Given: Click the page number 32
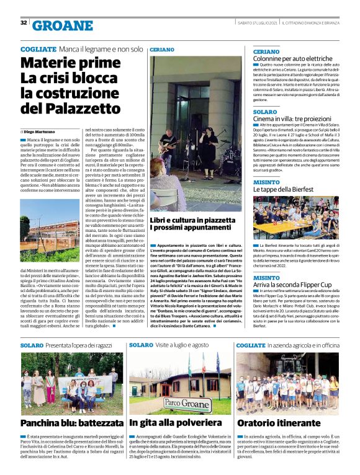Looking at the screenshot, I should (24, 23).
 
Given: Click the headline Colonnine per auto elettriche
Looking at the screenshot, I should (292, 59).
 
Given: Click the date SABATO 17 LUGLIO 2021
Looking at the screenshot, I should (257, 23).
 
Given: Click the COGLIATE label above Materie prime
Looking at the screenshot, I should (37, 48).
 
